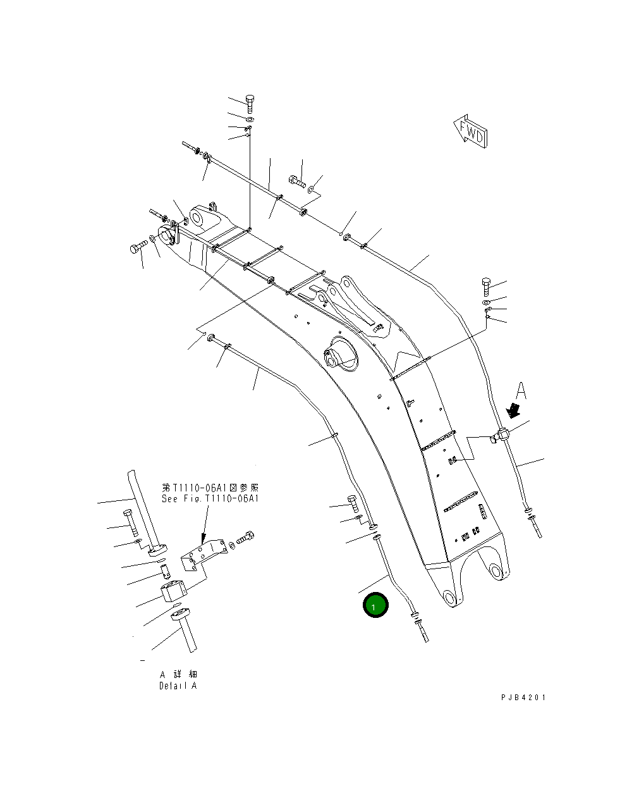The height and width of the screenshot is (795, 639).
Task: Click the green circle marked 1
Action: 375,606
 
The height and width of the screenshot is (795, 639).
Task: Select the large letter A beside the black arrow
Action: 520,390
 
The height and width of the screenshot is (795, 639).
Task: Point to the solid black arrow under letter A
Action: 516,410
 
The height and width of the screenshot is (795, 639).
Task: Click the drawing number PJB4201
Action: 523,698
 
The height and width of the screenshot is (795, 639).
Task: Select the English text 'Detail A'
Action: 178,686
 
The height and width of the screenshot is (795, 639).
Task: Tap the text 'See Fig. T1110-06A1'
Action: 210,498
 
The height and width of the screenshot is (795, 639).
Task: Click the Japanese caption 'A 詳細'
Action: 178,674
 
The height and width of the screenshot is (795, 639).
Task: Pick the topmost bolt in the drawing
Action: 249,103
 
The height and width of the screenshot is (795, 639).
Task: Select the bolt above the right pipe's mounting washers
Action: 486,287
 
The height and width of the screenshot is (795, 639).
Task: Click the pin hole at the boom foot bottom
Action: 450,598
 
